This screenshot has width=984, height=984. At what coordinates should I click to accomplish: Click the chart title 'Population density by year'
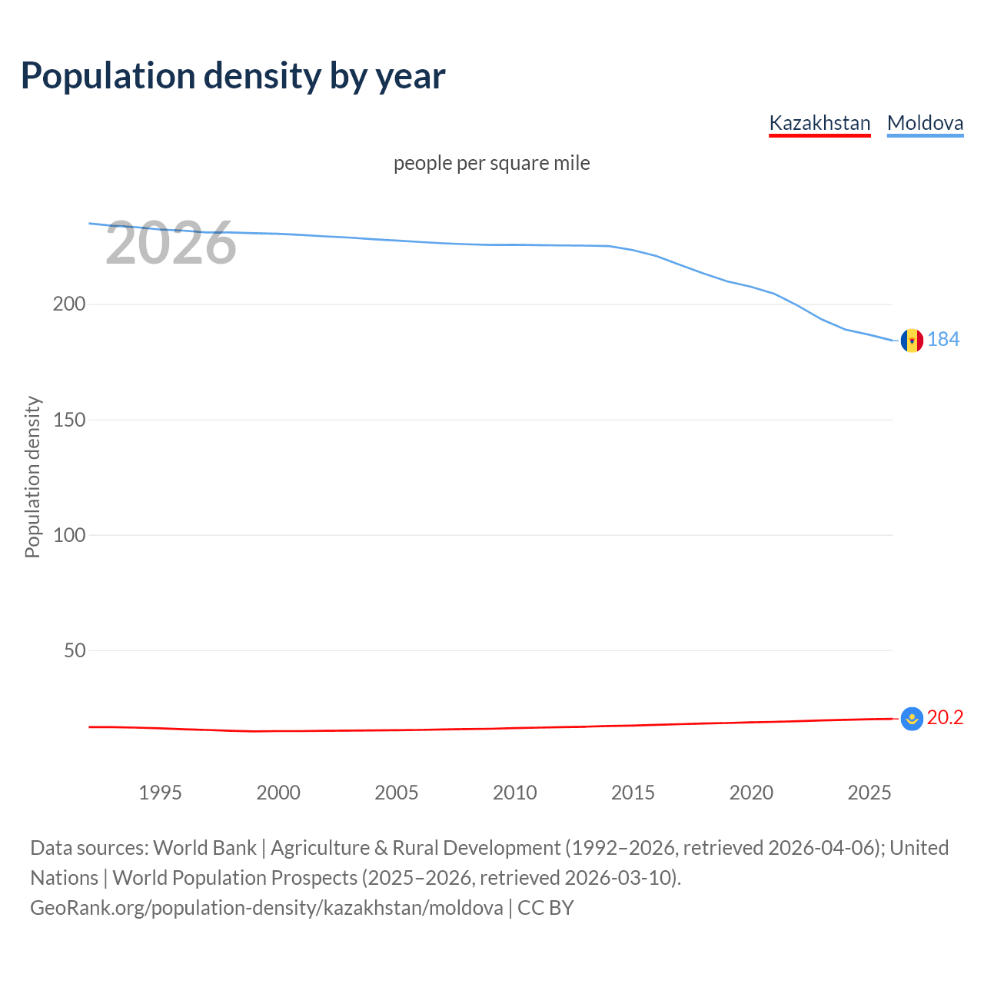233,76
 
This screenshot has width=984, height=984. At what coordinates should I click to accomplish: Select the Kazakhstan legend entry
819,123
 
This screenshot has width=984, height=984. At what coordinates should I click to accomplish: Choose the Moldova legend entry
925,123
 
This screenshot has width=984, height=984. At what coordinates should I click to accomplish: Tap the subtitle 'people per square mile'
491,163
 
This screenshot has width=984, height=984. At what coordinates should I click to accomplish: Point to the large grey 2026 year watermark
171,244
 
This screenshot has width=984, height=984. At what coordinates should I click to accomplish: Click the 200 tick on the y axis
69,304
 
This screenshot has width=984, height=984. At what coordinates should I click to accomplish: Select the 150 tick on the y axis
69,420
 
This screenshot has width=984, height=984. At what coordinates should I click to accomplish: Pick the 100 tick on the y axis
69,535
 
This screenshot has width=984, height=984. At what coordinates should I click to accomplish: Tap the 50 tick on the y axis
75,650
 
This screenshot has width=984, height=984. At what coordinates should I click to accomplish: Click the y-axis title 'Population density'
32,477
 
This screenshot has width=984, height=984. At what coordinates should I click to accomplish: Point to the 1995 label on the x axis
160,793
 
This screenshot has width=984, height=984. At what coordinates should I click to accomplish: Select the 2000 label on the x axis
278,793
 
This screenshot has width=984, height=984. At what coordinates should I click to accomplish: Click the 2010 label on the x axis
514,793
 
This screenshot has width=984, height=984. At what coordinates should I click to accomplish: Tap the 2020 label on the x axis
751,793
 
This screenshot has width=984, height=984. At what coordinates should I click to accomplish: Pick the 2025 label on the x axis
869,793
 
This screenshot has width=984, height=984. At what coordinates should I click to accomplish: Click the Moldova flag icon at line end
912,340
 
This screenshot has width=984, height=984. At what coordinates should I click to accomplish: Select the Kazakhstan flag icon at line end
912,719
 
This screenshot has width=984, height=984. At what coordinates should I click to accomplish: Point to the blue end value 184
943,339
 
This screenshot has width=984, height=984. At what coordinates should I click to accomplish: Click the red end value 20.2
945,717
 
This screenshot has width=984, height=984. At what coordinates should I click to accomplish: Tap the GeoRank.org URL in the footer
267,908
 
